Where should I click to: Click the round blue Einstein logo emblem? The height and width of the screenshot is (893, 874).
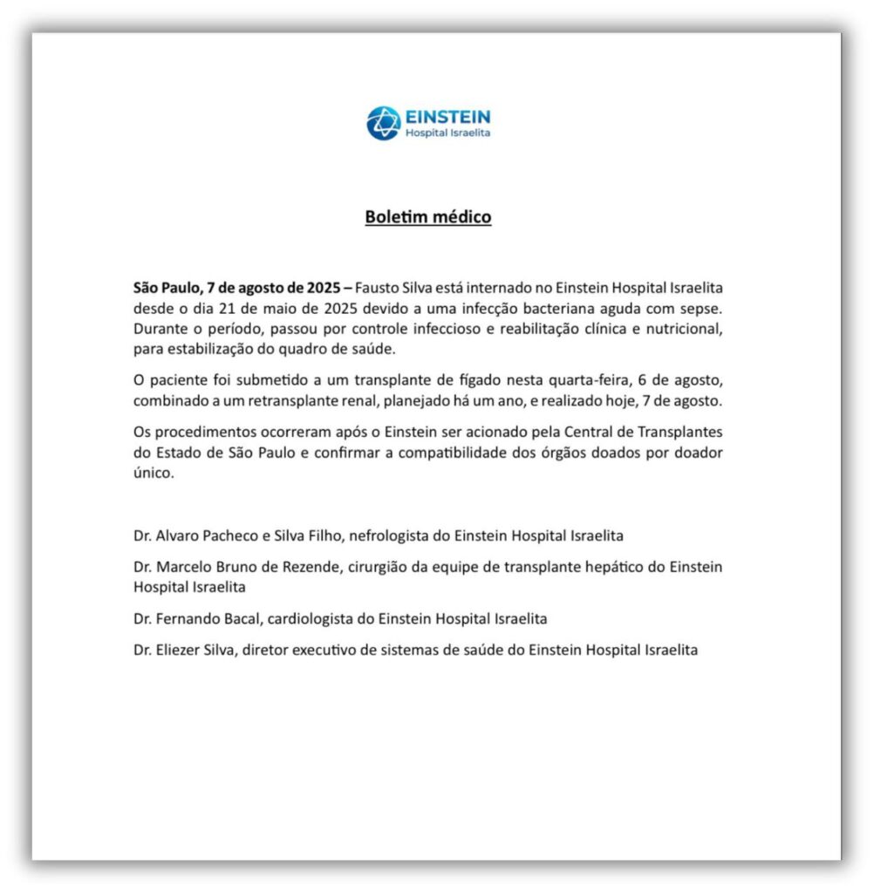383,123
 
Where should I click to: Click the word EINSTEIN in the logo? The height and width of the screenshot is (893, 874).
447,116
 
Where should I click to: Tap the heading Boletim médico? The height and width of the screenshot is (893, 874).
427,216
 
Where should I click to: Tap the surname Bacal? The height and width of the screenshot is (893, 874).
252,618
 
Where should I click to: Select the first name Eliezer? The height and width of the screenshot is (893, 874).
182,650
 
